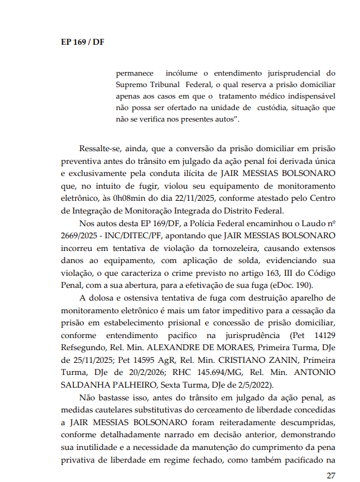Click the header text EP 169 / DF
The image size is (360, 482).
[x=82, y=42]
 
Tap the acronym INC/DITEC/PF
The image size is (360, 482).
[x=145, y=235]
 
